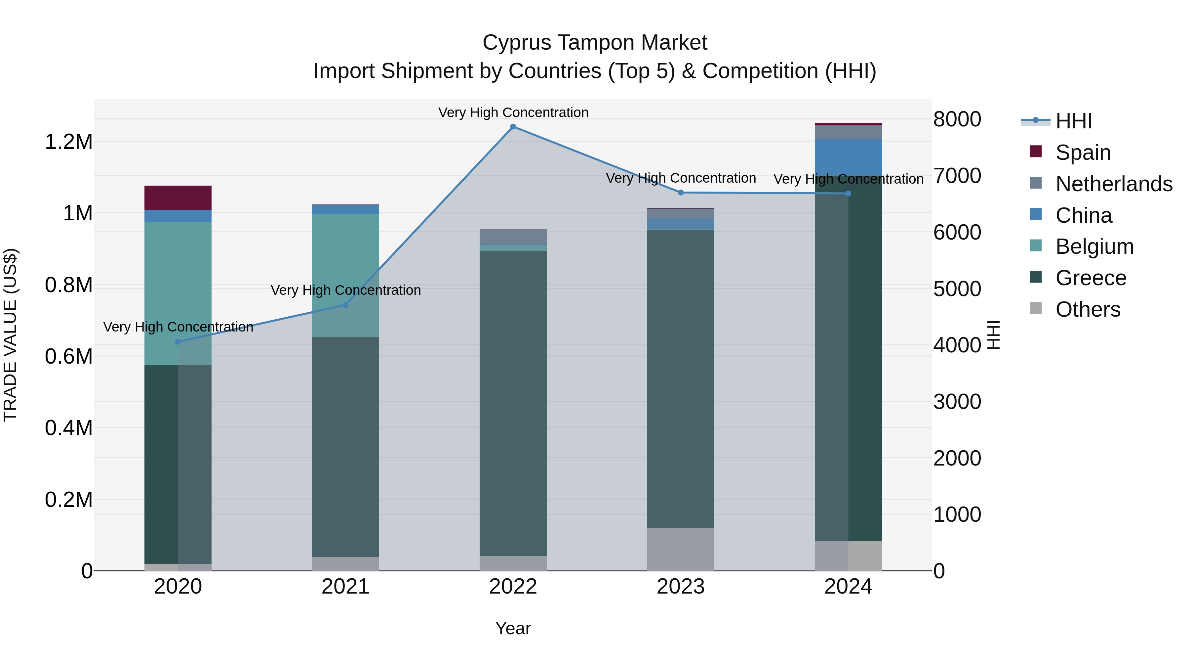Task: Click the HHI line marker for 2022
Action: tap(513, 127)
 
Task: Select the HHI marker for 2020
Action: tap(178, 342)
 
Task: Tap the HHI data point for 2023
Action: tap(681, 192)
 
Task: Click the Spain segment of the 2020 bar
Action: tap(178, 198)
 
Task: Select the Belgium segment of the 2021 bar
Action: tap(345, 275)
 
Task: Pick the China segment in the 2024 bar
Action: tap(848, 157)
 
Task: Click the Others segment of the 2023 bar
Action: tap(681, 549)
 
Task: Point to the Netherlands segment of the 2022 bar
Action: tap(513, 236)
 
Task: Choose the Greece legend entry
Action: tap(1091, 278)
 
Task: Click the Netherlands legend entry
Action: tap(1113, 184)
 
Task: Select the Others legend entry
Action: tap(1088, 309)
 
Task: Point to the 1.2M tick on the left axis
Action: tap(68, 142)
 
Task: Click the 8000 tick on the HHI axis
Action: tap(957, 119)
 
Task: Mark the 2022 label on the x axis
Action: tap(513, 587)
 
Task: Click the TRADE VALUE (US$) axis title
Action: tap(10, 335)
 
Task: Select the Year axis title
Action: tap(513, 628)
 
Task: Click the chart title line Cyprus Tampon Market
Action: tap(595, 43)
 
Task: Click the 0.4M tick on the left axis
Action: tap(68, 428)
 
